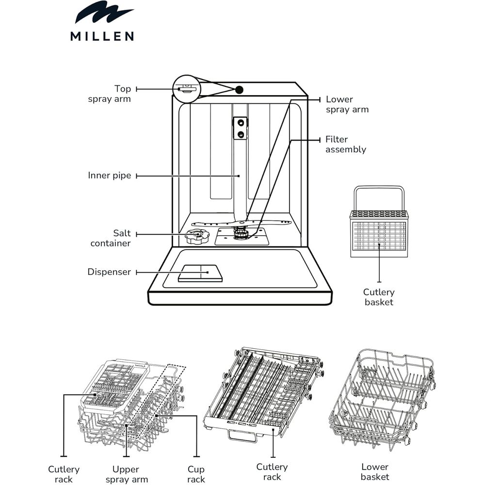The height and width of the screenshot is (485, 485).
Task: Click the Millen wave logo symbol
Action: pos(103,14)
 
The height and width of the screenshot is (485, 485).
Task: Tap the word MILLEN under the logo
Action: pos(102,36)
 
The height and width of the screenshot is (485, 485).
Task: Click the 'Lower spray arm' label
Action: pos(347,104)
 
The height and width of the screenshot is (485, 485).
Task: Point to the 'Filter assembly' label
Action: pos(345,145)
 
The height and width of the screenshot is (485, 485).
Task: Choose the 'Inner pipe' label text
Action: pos(110,176)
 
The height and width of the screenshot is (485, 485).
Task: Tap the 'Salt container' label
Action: pos(111,238)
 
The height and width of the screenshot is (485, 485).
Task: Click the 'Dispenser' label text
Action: pos(109,272)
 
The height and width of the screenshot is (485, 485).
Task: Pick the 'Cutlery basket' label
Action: pos(379,297)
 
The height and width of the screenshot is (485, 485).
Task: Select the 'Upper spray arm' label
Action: pos(126,474)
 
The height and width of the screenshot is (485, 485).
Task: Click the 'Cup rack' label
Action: pos(196,474)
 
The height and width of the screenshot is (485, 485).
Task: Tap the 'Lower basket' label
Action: pos(375,472)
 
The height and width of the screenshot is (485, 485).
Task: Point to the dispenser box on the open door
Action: pos(201,273)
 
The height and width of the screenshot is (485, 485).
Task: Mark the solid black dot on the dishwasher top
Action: pos(239,90)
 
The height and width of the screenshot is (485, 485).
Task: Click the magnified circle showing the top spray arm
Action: pos(187,89)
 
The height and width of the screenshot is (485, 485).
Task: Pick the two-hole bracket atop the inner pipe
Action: pos(240,128)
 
